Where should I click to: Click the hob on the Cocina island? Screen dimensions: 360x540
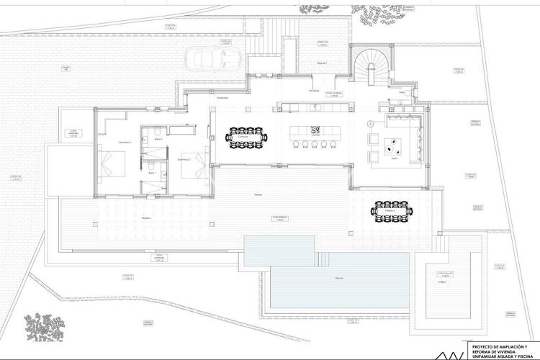point(315,129)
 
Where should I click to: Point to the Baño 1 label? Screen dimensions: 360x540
point(152,174)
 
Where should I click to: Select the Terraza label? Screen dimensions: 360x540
point(258,194)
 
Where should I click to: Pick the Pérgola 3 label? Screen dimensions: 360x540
point(322,63)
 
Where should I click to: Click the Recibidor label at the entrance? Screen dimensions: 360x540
point(314,91)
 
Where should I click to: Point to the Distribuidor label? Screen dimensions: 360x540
point(222,98)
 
